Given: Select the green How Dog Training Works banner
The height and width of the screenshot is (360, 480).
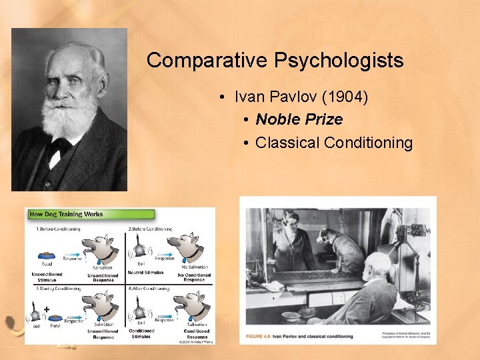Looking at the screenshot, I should pyautogui.click(x=90, y=215).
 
